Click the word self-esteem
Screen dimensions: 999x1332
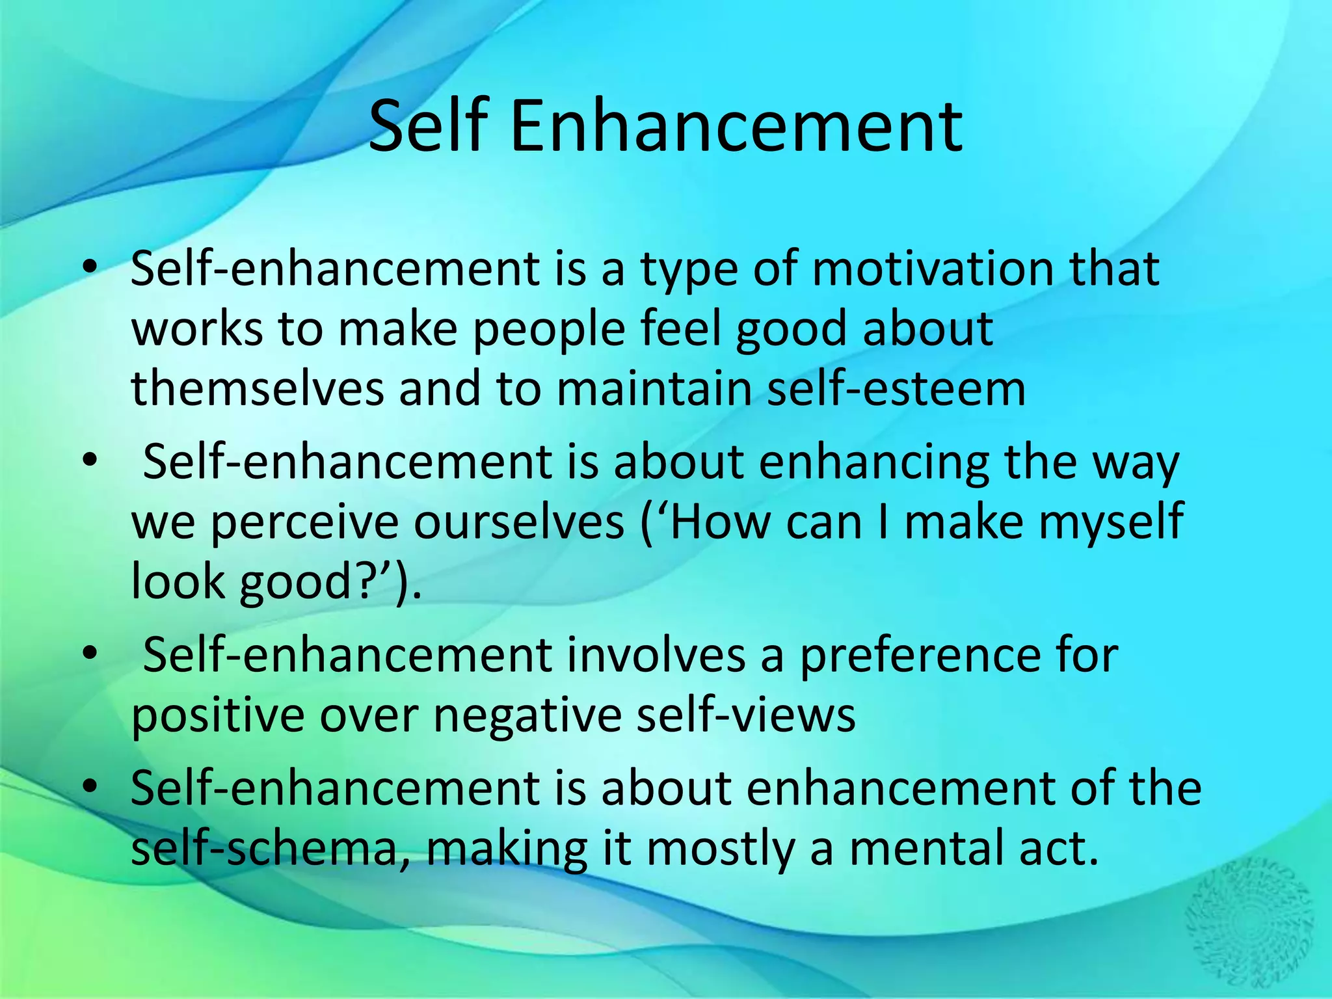click(896, 388)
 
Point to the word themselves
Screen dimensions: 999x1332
click(258, 388)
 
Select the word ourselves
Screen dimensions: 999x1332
click(518, 523)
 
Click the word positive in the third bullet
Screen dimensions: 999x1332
click(217, 715)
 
